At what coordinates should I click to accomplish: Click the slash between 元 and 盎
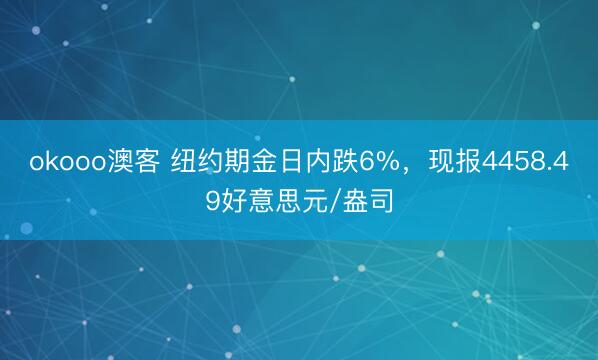click(x=343, y=203)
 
